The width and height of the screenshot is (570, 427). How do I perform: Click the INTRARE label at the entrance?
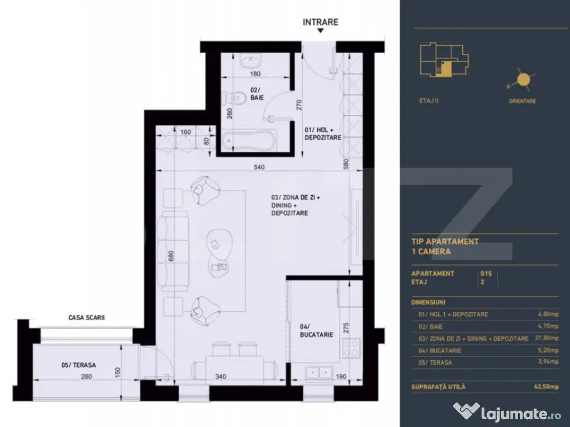(320, 22)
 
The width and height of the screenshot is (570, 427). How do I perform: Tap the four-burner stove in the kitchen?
(351, 349)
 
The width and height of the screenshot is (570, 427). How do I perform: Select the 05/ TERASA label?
(78, 365)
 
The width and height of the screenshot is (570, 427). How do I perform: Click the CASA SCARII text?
(86, 317)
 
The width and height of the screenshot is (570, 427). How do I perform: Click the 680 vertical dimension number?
(171, 257)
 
